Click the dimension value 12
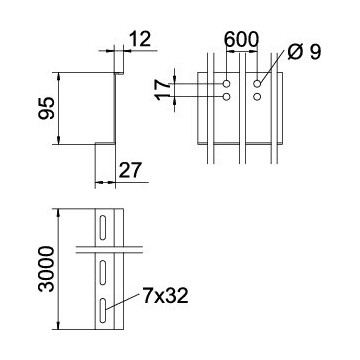[x=140, y=39]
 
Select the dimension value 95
[x=47, y=108]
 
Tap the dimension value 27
[x=131, y=170]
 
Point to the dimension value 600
[x=241, y=39]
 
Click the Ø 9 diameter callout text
[x=304, y=52]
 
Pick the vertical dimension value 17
[x=163, y=90]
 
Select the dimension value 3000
[x=46, y=269]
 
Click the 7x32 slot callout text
[x=166, y=296]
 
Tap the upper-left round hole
[x=227, y=83]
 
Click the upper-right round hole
[x=257, y=83]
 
